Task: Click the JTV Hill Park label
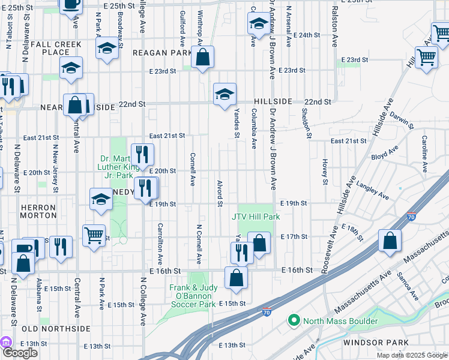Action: (256, 217)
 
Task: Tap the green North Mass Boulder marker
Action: (294, 321)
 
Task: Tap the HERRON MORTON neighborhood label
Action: (38, 211)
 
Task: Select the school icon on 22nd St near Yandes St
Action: (225, 95)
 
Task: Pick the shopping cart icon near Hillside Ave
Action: (426, 58)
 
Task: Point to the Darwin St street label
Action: (400, 119)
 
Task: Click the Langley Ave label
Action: (375, 191)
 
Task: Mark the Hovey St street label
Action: (325, 171)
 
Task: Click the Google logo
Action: (20, 353)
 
